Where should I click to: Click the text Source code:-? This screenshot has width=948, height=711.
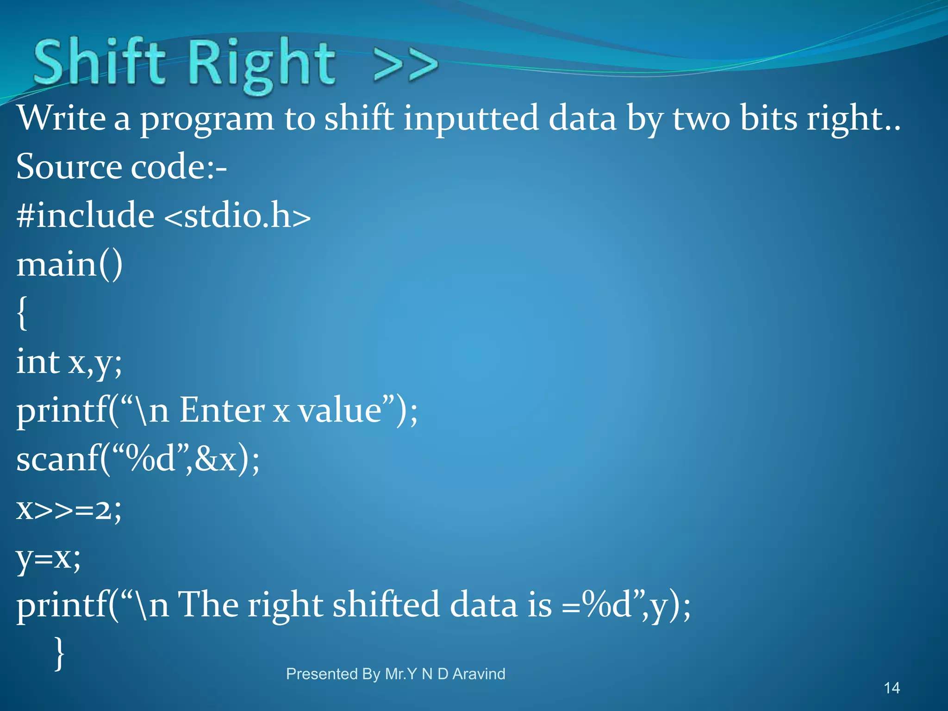[121, 167]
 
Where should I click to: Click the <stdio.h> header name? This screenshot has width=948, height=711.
[237, 216]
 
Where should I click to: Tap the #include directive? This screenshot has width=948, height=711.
[86, 216]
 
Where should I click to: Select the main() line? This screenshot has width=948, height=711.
[69, 265]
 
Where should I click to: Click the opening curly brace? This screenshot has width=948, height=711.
[22, 313]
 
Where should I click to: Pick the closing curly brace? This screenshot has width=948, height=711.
[59, 653]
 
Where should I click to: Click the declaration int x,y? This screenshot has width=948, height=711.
[69, 362]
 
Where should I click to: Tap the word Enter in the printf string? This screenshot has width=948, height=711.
[222, 411]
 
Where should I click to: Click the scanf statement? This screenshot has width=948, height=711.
[138, 460]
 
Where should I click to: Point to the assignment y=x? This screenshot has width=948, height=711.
[49, 558]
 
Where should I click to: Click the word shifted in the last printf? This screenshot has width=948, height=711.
[386, 605]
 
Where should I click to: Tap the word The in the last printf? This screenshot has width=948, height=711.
[207, 605]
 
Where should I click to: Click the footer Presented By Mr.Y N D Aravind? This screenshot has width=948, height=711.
[395, 674]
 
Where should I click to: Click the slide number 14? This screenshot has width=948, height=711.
[892, 688]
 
